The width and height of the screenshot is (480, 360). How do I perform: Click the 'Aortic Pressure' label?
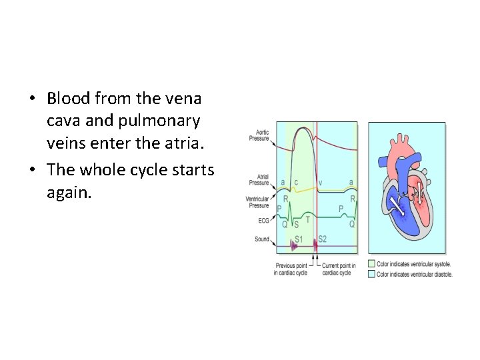click(x=259, y=135)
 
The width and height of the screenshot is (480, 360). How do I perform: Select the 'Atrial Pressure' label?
click(x=259, y=180)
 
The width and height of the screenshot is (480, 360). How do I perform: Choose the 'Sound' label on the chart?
click(x=261, y=239)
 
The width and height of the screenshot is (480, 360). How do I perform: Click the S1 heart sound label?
click(x=299, y=239)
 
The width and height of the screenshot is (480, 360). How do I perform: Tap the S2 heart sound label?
click(x=323, y=239)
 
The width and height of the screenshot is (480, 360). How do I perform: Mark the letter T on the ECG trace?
click(x=307, y=219)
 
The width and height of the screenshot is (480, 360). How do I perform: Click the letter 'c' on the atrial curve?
click(x=297, y=181)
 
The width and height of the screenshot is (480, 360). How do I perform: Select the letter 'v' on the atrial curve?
click(x=321, y=181)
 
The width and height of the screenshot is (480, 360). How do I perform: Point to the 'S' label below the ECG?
click(x=296, y=225)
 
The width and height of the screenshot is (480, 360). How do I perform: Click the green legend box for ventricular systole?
click(x=371, y=264)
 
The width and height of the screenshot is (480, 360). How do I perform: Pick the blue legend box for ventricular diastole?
click(x=371, y=273)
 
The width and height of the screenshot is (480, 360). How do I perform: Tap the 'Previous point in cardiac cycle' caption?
click(x=290, y=270)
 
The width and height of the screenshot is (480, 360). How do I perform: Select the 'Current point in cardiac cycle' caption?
click(x=339, y=270)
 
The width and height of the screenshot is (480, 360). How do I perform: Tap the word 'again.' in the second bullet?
click(x=67, y=193)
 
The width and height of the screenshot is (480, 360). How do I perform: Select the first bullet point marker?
click(x=33, y=99)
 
